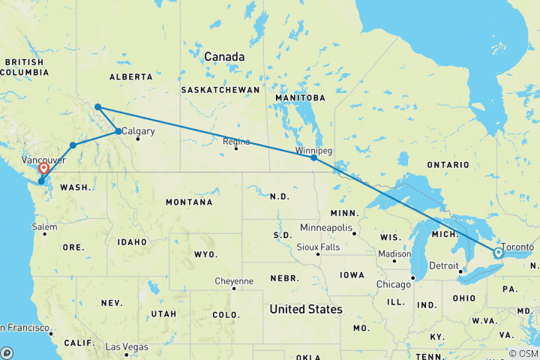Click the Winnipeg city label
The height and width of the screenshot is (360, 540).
[313, 150]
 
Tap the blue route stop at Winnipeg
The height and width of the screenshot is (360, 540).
[313, 158]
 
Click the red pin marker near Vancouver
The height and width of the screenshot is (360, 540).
[44, 169]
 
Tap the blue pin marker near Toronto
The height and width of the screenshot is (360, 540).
[497, 253]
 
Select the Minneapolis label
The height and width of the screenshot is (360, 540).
[326, 227]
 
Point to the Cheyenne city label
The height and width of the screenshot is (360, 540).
[235, 280]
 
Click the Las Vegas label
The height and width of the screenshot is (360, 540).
[125, 347]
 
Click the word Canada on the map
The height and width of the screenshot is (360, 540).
[225, 57]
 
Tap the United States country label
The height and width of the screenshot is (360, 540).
[305, 309]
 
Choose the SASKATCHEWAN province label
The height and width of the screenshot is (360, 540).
[220, 90]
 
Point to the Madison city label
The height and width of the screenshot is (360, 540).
[395, 253]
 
